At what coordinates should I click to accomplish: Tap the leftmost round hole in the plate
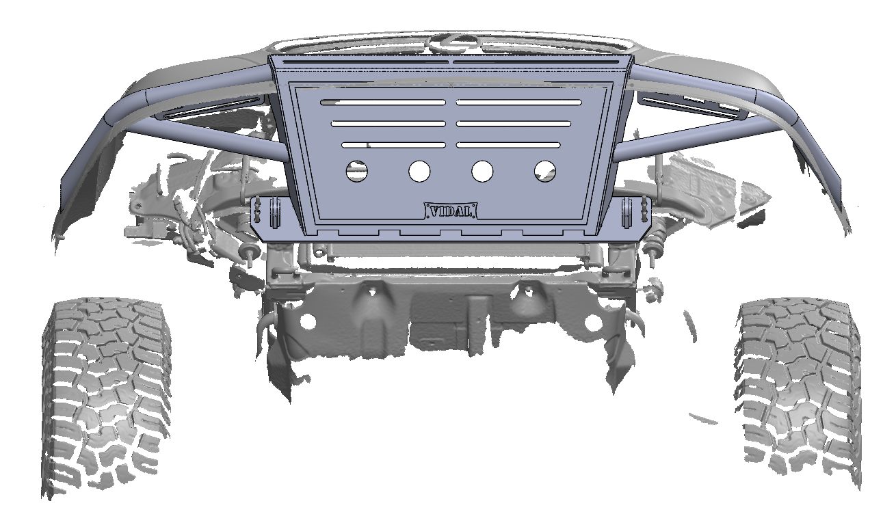pos(356,171)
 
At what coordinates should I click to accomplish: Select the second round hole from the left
pos(419,171)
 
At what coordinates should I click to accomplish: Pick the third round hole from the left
pos(482,171)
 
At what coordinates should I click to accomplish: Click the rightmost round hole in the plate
pos(545,171)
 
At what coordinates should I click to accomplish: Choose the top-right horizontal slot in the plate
pos(518,103)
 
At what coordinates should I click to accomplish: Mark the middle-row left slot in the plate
pos(388,124)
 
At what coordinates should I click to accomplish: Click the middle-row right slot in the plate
pos(513,124)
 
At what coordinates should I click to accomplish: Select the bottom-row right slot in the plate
pos(508,145)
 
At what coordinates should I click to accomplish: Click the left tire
pos(106,396)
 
